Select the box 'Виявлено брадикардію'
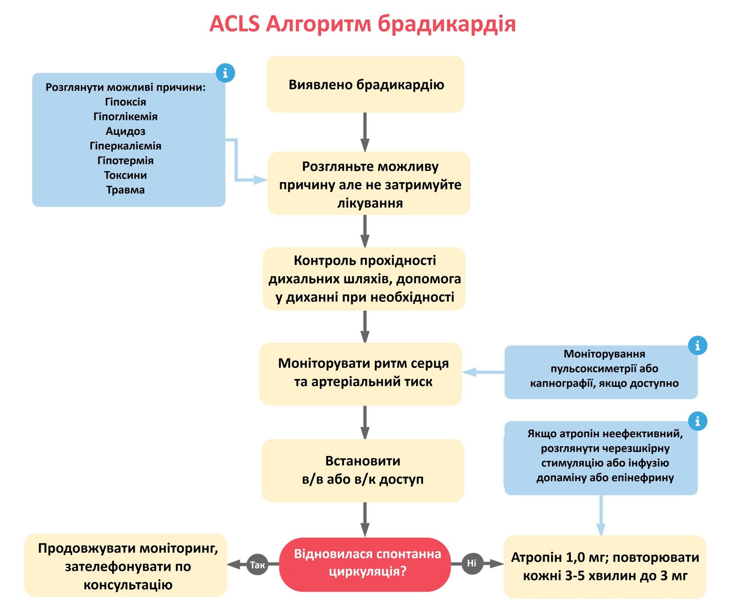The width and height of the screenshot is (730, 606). coord(365,84)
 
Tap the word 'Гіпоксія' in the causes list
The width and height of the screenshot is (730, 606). coord(125,102)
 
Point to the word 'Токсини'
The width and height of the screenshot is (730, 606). coord(125,175)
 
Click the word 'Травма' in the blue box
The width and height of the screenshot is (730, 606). coord(125,190)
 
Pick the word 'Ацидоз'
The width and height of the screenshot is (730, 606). coord(125,131)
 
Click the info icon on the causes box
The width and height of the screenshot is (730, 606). coord(225,73)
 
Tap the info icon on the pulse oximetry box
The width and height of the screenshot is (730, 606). coord(697,345)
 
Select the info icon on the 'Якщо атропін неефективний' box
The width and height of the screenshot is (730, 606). coord(697,421)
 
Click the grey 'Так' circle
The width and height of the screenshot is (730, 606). coord(257,565)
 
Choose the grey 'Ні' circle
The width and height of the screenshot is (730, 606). coord(472,564)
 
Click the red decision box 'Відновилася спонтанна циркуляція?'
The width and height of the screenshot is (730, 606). coord(365,564)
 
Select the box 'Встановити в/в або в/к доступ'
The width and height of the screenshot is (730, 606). coord(363,470)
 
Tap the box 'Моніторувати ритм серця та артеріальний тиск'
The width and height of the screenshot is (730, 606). coord(361,373)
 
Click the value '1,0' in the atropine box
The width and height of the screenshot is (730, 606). coord(575,557)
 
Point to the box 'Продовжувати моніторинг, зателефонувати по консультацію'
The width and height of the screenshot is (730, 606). coord(126,566)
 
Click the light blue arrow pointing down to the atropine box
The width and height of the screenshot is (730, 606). coord(601,516)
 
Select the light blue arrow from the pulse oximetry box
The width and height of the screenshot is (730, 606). coord(484,372)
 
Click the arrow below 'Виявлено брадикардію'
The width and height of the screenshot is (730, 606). coord(365,132)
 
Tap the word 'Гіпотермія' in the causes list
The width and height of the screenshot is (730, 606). coord(125,161)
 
